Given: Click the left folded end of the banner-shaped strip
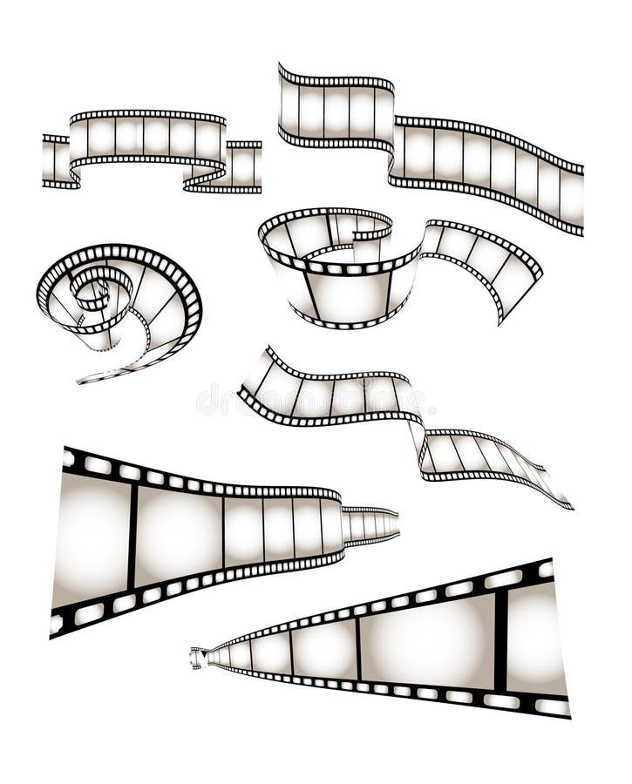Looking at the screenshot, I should [x=55, y=161].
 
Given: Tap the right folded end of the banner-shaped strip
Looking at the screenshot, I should [x=245, y=166].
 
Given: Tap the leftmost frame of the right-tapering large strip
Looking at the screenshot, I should [x=92, y=540].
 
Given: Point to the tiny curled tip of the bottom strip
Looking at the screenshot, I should [x=196, y=658].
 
